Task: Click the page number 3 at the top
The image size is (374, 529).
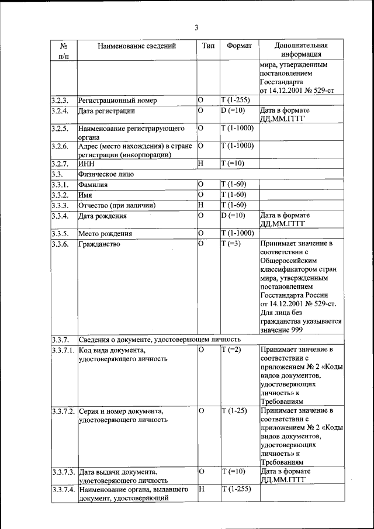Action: point(197,27)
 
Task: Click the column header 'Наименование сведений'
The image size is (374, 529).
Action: point(136,46)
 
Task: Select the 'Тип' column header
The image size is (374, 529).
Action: point(208,46)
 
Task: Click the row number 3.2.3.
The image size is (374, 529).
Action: point(60,100)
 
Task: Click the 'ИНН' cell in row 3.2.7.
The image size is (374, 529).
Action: point(86,164)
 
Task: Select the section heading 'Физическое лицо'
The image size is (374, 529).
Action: point(106,174)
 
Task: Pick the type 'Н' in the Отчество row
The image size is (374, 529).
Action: point(200,205)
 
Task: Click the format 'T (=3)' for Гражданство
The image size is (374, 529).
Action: point(231,244)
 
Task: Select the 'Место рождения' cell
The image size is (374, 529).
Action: point(106,234)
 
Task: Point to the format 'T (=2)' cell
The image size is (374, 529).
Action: point(231,350)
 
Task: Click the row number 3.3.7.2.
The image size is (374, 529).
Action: point(63,411)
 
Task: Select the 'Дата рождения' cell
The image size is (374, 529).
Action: point(103,216)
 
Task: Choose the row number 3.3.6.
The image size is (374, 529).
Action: point(60,244)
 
